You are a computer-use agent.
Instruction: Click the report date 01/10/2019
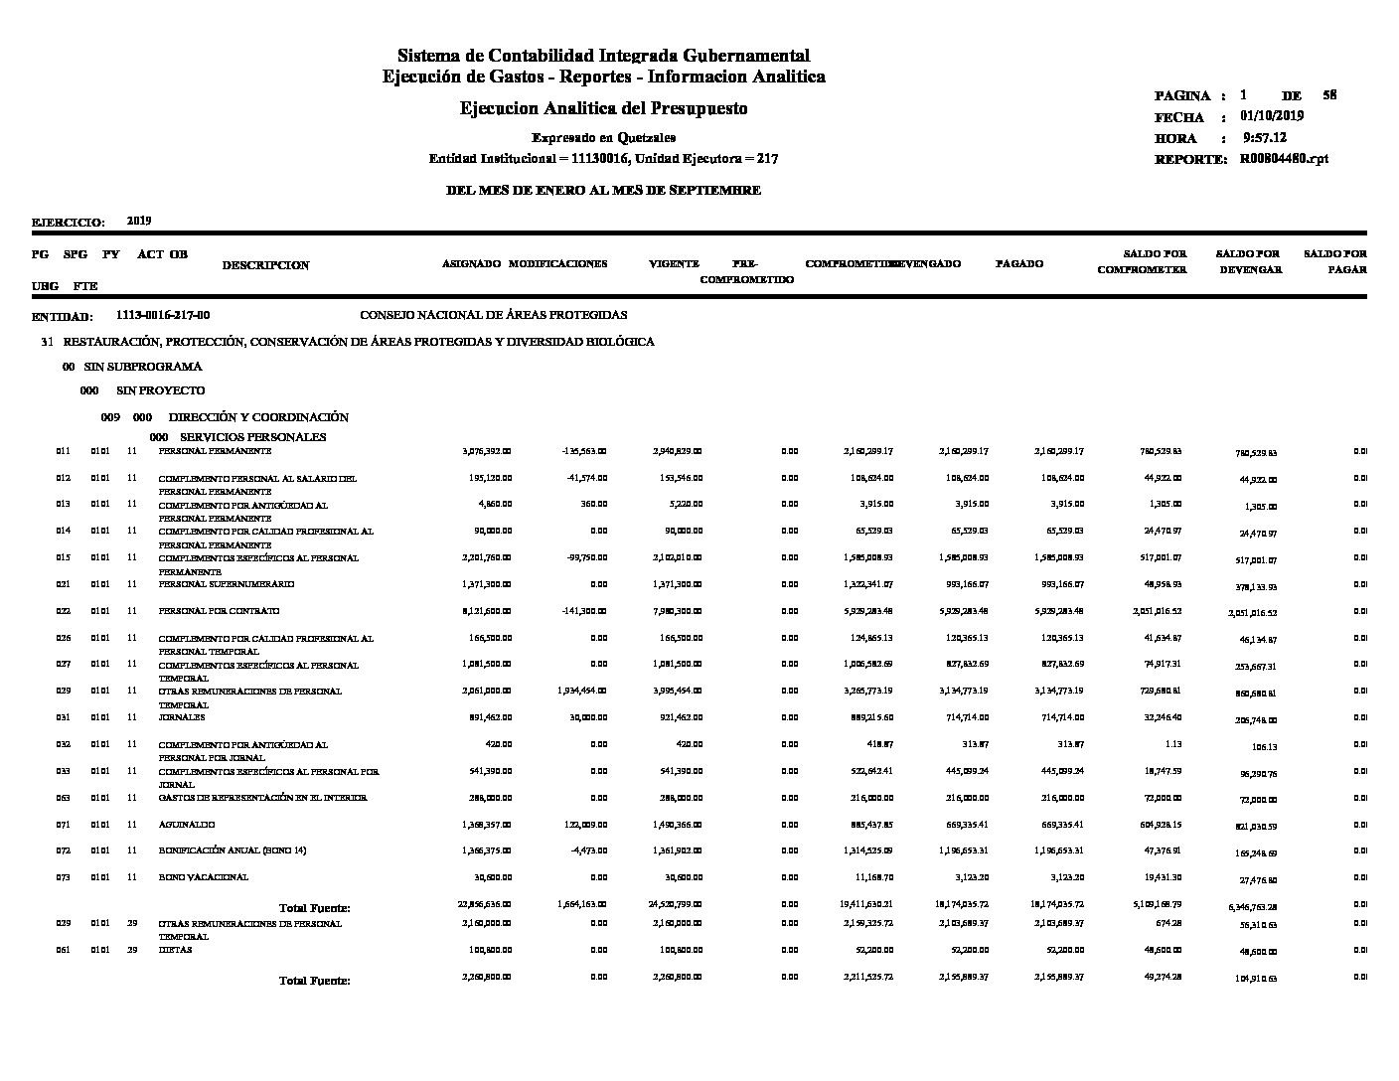(x=1272, y=116)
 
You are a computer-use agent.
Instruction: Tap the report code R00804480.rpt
(x=1284, y=159)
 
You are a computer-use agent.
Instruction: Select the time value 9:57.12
(x=1265, y=138)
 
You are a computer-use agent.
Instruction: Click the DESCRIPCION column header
(x=265, y=265)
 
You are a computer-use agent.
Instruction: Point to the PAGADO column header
(x=1019, y=264)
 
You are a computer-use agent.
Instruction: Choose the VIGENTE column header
(x=674, y=264)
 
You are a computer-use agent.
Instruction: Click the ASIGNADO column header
(x=471, y=264)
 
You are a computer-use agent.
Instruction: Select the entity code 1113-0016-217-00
(x=163, y=315)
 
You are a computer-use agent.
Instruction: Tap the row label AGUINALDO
(x=187, y=825)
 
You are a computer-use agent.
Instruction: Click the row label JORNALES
(x=182, y=717)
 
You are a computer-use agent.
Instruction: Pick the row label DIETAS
(x=175, y=950)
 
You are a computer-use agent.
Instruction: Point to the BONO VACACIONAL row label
(x=204, y=877)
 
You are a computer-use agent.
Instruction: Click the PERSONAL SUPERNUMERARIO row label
(x=227, y=584)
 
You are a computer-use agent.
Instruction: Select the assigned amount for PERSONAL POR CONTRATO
(x=487, y=611)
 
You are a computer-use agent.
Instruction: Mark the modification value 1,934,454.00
(x=578, y=691)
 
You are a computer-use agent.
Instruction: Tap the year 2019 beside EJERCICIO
(x=139, y=221)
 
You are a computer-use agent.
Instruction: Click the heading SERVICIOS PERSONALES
(x=252, y=437)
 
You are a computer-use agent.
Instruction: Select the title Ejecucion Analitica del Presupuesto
(x=603, y=108)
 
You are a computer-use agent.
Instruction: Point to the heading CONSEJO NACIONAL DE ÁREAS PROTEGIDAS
(x=493, y=315)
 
